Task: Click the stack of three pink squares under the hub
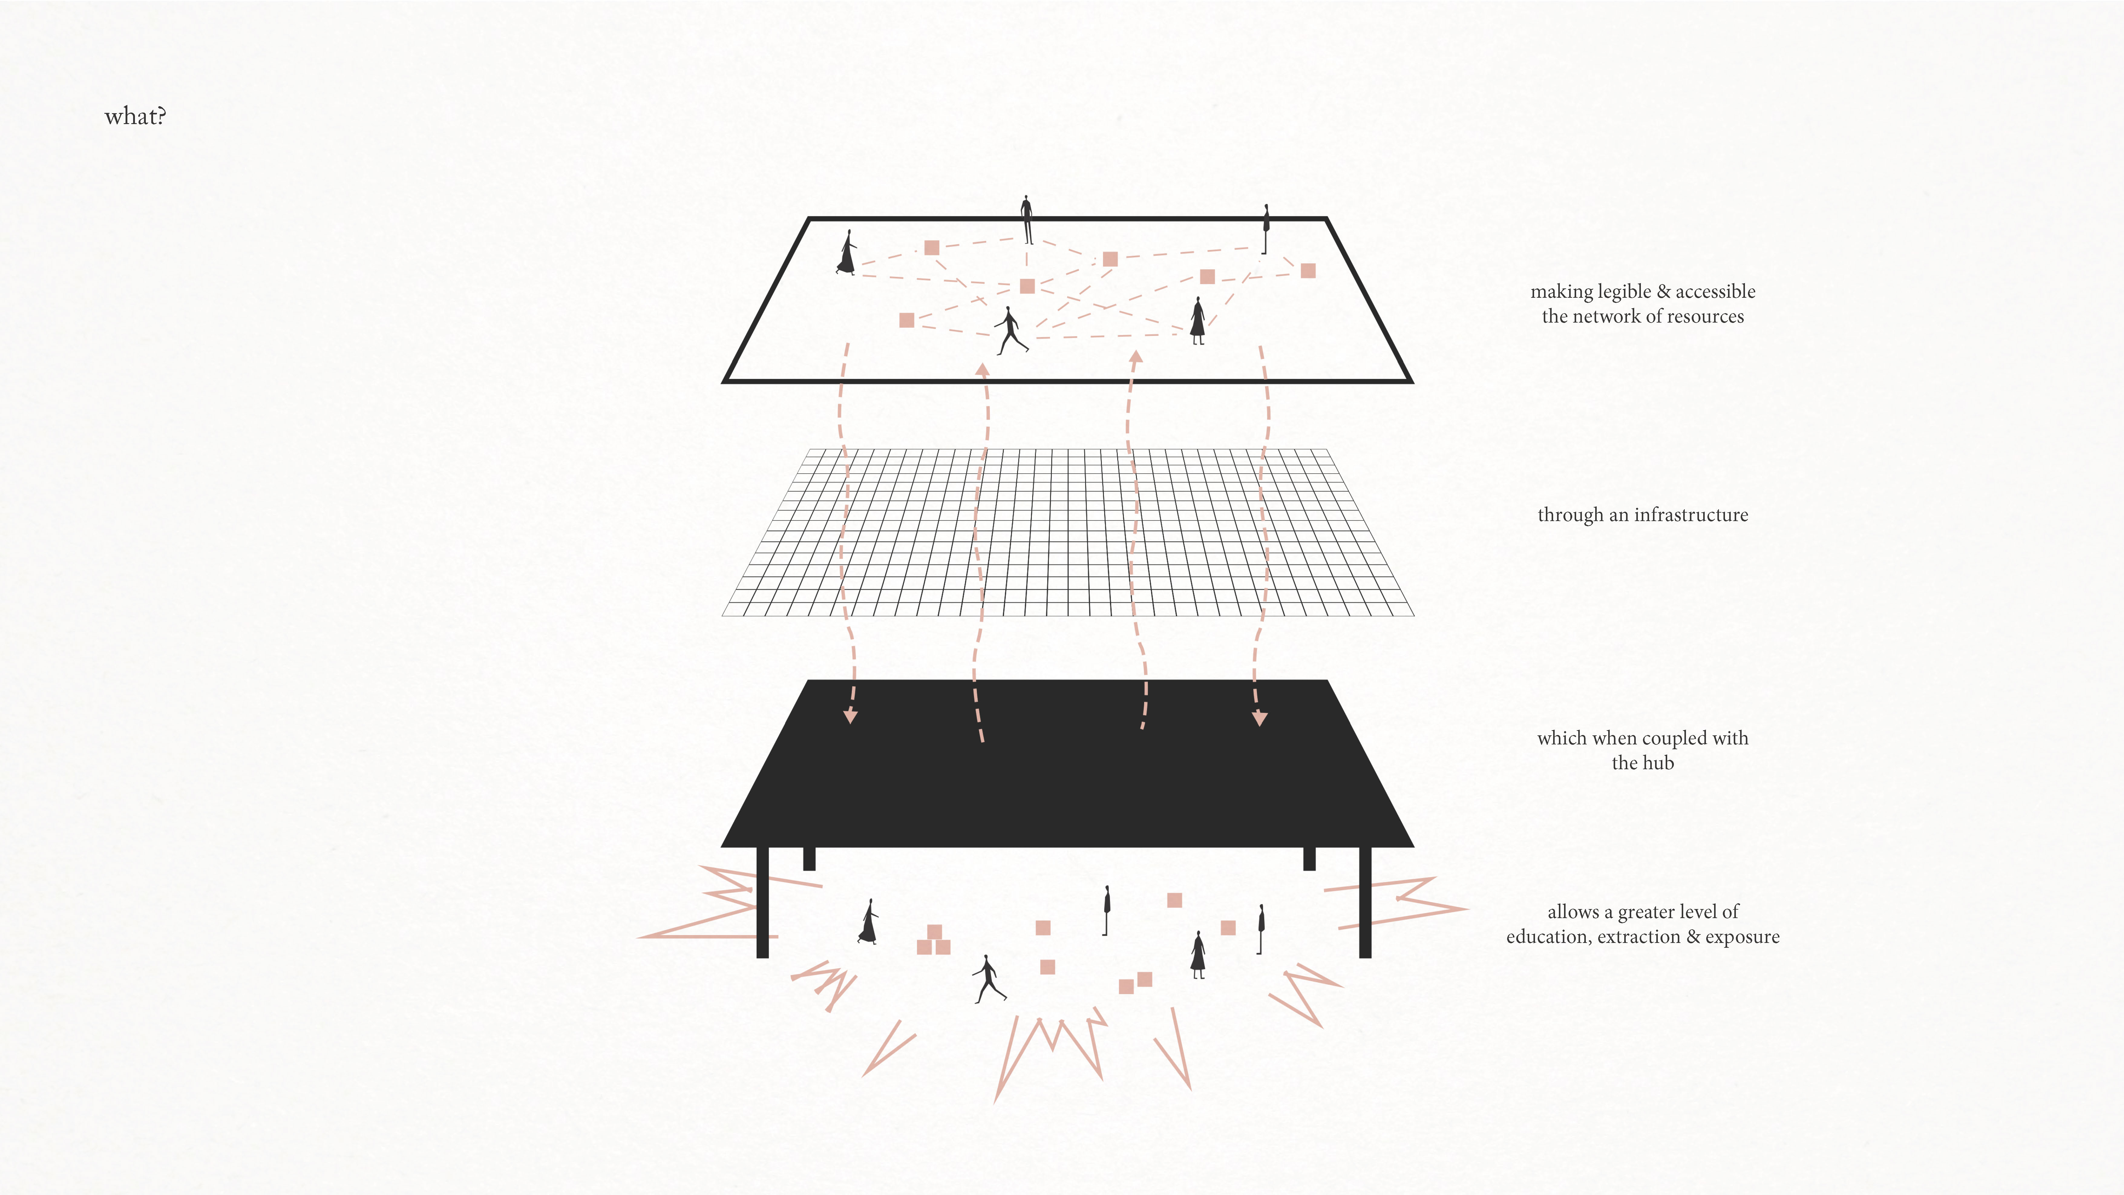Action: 933,940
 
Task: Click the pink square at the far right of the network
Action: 1308,271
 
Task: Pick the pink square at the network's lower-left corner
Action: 906,320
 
